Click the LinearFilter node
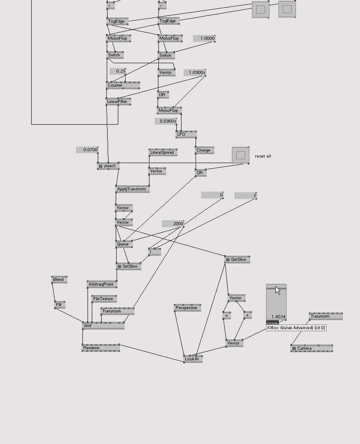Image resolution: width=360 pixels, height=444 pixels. point(118,102)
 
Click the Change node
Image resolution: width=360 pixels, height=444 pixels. point(204,150)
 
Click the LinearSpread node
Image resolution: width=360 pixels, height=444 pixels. point(163,152)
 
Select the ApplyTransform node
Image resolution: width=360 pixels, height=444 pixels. point(132,189)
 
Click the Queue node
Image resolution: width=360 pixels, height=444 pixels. point(123,244)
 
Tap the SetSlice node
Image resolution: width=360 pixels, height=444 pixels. point(128,266)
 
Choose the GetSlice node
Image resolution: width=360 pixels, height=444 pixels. point(237,260)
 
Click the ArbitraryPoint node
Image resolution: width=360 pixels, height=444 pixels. point(102,284)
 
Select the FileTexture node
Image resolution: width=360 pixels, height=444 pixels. point(104,299)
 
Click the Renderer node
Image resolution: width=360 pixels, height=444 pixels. point(100,348)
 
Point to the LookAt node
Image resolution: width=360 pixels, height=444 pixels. point(193,359)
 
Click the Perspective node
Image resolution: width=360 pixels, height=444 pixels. point(187,308)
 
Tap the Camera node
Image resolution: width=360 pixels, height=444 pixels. point(311,348)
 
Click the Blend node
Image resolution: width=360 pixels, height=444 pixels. point(59,280)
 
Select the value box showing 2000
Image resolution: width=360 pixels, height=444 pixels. point(173,224)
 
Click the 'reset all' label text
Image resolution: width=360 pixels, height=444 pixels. point(263,156)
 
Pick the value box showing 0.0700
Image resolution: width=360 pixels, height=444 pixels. point(87,150)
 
